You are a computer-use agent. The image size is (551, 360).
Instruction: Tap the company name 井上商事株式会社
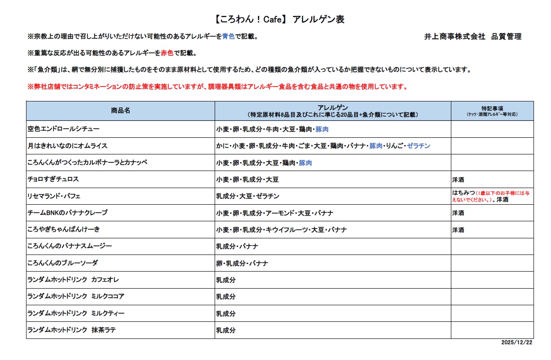click(455, 37)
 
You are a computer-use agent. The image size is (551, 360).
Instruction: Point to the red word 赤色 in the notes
click(167, 53)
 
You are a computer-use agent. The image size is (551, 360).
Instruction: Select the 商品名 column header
click(120, 110)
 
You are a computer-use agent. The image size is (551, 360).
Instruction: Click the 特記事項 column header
click(492, 109)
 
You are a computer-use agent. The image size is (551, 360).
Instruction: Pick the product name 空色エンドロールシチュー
click(63, 129)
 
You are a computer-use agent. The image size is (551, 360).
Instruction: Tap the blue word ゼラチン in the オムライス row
click(419, 146)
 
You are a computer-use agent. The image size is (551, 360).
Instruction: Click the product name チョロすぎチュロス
click(53, 180)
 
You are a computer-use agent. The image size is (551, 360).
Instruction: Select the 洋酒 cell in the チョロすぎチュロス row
click(458, 180)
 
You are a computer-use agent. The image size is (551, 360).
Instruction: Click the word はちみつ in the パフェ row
click(463, 193)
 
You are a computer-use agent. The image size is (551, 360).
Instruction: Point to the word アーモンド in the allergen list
click(281, 213)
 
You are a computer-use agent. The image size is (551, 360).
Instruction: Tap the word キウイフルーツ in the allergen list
click(282, 230)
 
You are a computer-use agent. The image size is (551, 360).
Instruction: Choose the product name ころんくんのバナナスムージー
click(70, 246)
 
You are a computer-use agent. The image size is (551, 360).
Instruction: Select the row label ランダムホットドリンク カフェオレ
click(73, 280)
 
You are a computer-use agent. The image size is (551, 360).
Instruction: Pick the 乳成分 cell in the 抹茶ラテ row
click(226, 331)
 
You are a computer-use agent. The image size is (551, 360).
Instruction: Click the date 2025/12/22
click(516, 342)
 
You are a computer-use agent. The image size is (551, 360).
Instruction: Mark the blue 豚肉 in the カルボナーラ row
click(305, 163)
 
